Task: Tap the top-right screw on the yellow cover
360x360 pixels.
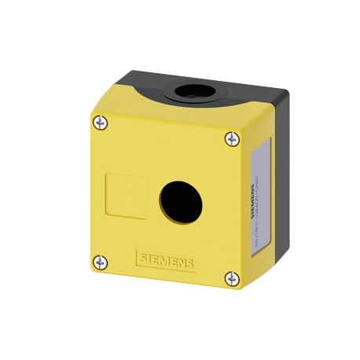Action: pyautogui.click(x=231, y=138)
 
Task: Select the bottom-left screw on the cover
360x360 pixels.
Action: pyautogui.click(x=100, y=262)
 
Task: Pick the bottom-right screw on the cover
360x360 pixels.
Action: pyautogui.click(x=230, y=277)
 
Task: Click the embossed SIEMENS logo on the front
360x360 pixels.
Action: pyautogui.click(x=165, y=259)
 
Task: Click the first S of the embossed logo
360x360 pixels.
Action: pyautogui.click(x=141, y=256)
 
